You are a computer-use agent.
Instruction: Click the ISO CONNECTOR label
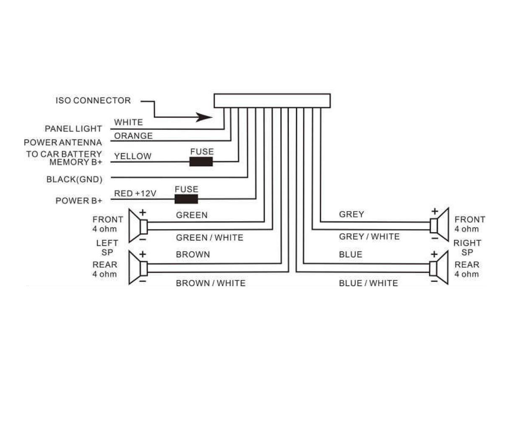pos(93,101)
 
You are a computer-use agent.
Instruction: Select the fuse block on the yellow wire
pos(201,162)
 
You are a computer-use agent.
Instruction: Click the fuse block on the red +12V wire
pos(186,198)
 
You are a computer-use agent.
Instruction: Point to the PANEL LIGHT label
pos(73,129)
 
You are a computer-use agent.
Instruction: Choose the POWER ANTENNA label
pos(63,143)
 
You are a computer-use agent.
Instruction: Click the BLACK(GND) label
pos(74,180)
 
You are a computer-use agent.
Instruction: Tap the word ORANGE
pos(133,136)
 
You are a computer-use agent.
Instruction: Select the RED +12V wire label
pos(135,193)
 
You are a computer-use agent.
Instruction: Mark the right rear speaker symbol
pos(439,268)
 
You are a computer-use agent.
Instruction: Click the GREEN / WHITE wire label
pos(209,238)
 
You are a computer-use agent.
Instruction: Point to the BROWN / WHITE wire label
pos(211,283)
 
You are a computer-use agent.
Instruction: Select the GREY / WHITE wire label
pos(369,237)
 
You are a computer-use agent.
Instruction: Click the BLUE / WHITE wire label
pos(368,283)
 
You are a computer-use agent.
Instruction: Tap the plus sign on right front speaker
pos(435,211)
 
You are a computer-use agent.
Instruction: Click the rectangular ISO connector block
pos(272,101)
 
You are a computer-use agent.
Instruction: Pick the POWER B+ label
pos(79,201)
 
